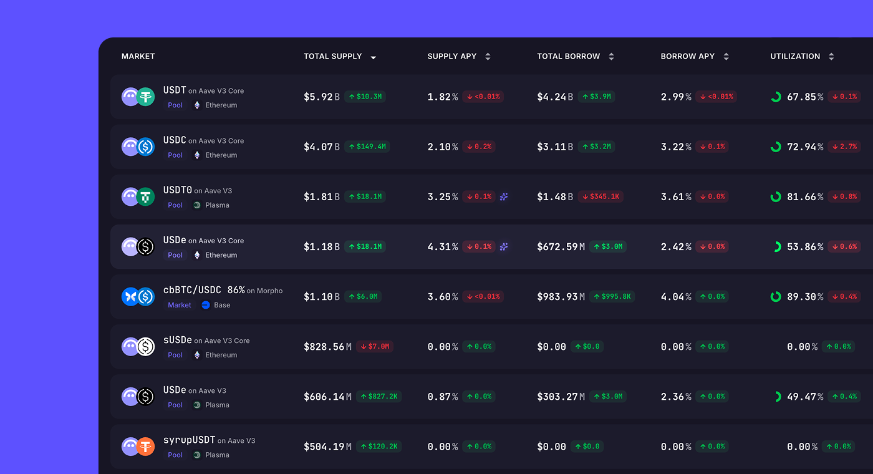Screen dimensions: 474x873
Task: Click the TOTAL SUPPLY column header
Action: pos(333,56)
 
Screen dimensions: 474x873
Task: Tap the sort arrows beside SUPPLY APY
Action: pos(488,57)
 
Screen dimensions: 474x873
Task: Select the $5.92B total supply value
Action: pos(322,97)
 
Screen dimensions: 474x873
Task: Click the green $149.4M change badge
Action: pos(367,147)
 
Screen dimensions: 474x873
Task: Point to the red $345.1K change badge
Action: pos(600,196)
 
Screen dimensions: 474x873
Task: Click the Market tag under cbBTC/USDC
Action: pos(180,305)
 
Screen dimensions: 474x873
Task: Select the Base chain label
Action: pos(222,305)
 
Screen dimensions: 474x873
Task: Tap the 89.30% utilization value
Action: pos(805,297)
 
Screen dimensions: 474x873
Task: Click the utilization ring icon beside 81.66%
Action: pos(776,196)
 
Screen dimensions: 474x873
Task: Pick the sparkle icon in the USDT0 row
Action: pos(504,196)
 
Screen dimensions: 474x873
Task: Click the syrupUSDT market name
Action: pos(189,440)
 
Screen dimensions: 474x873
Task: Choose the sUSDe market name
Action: pos(178,340)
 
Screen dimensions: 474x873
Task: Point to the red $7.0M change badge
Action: pos(375,346)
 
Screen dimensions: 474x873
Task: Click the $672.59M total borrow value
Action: pos(561,247)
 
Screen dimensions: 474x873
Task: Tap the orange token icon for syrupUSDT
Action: pos(145,446)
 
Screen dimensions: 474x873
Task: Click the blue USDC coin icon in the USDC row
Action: pos(145,147)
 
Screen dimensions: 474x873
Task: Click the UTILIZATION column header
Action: pos(795,56)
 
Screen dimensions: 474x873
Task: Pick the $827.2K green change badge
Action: pos(379,396)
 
